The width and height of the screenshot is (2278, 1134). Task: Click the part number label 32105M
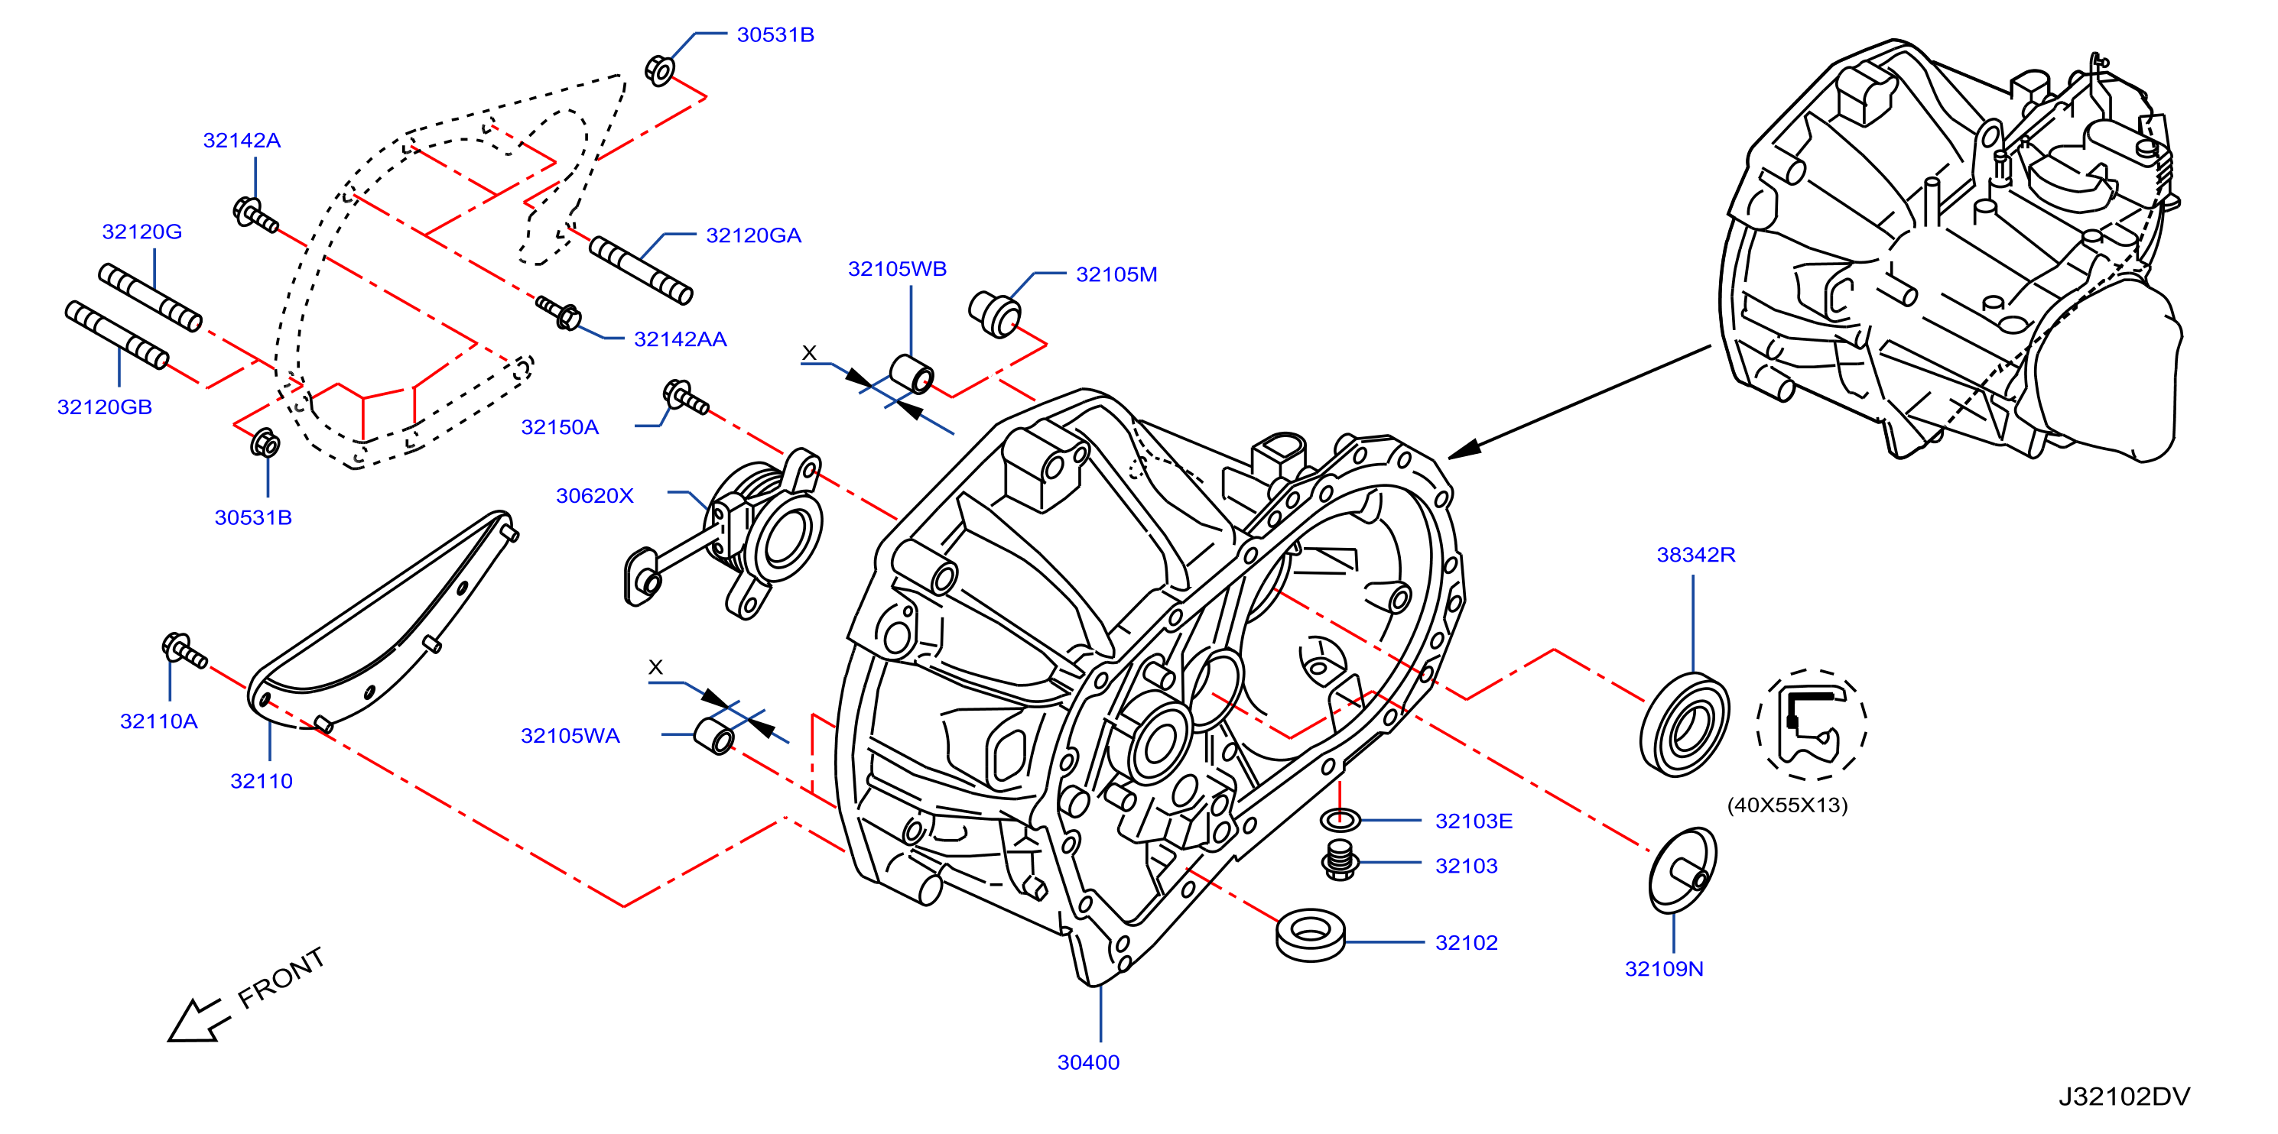(1116, 275)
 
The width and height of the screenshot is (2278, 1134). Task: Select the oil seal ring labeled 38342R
(1684, 724)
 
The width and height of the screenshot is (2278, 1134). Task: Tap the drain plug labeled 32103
(1340, 860)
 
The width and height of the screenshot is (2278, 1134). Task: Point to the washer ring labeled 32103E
(1340, 819)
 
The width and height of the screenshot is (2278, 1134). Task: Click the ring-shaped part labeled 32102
(1311, 935)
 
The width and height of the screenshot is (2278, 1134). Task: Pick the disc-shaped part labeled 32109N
(1682, 870)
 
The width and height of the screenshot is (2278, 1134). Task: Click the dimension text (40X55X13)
(1787, 805)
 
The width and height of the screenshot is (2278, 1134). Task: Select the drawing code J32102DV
(2124, 1097)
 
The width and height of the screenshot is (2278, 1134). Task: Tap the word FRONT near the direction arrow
(281, 977)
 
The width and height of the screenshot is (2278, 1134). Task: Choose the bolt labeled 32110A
(184, 650)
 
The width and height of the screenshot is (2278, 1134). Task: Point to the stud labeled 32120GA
(641, 270)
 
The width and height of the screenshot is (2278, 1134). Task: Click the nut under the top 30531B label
(660, 70)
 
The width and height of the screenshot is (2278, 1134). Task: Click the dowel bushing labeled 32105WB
(911, 374)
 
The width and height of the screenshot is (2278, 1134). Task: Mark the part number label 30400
(1089, 1062)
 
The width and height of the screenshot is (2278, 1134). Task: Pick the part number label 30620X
(594, 496)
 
